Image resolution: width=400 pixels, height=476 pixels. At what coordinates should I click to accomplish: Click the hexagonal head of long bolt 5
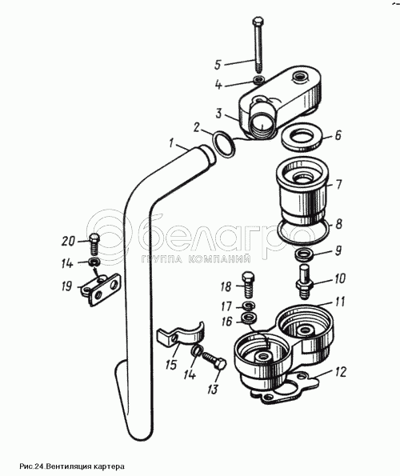258,22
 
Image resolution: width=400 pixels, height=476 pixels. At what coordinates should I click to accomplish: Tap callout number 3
219,114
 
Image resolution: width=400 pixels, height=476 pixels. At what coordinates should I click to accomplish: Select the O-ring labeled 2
224,145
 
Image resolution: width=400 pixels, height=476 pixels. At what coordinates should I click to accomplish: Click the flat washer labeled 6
302,138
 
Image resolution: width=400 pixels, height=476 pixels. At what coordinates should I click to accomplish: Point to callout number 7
338,184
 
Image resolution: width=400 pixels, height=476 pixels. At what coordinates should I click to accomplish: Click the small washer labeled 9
302,254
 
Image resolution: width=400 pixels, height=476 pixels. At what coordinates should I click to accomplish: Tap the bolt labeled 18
248,285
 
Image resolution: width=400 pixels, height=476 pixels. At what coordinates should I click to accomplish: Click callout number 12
341,371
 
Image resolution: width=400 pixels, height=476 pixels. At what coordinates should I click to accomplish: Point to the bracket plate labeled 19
101,289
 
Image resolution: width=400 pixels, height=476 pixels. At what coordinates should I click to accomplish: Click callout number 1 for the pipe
172,143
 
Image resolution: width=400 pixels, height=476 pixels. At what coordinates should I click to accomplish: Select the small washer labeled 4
259,80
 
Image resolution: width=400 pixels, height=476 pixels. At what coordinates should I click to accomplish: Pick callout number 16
226,322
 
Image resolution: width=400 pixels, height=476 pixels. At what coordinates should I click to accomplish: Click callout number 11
340,302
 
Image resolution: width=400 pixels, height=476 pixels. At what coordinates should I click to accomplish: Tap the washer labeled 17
250,306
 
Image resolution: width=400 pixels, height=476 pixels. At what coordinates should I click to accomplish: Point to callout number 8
338,224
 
